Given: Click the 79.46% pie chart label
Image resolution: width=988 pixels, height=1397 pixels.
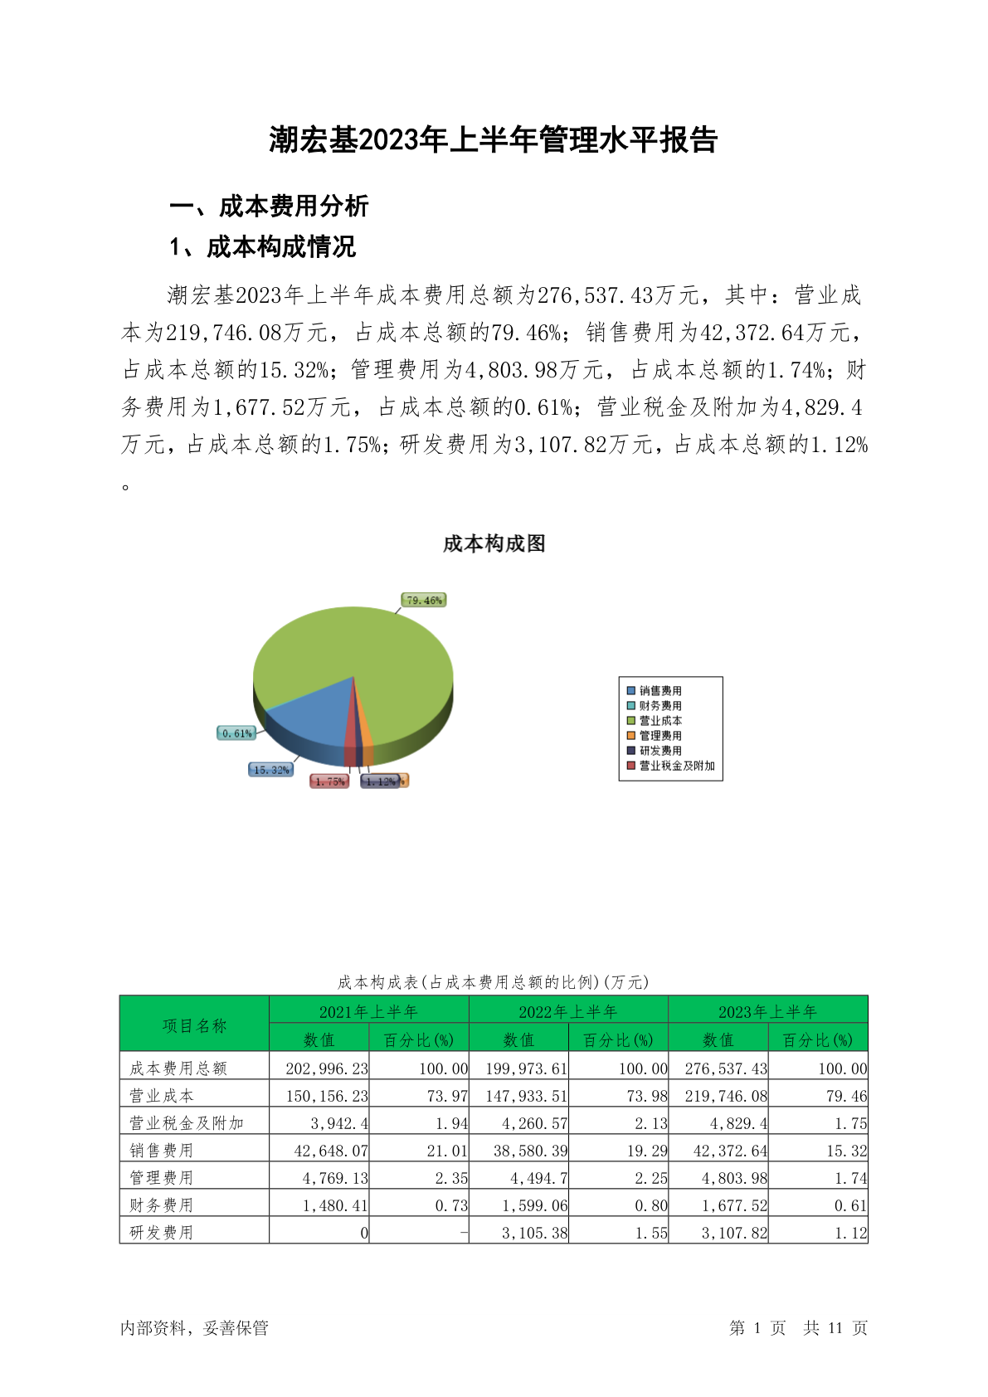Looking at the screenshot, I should (424, 600).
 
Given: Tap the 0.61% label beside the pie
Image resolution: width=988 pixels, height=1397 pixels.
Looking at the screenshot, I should (236, 733).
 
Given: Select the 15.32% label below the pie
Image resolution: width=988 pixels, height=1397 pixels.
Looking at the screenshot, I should (271, 770).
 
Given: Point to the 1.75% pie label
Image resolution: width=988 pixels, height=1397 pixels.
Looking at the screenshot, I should (329, 781).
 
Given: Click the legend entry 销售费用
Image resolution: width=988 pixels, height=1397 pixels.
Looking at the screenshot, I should (659, 691).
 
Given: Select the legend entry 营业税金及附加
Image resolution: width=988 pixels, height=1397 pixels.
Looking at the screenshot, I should (676, 766).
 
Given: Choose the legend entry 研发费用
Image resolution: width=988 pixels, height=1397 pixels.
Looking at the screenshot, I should (659, 751).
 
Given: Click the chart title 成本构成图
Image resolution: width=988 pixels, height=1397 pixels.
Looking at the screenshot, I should (494, 544).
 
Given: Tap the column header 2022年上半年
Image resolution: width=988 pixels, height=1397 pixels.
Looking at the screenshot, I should (568, 1012).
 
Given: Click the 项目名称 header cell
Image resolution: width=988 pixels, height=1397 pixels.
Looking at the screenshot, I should (194, 1026).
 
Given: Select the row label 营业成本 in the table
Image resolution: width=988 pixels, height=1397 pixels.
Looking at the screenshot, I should (162, 1096).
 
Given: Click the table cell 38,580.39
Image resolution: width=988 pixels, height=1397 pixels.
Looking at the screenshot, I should (527, 1151).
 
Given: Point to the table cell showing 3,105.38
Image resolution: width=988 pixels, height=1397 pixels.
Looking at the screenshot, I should (534, 1233).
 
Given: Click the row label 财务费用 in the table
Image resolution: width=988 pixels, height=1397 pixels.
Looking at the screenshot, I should (162, 1205).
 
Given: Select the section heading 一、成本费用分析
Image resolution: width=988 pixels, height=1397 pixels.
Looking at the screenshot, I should (269, 206).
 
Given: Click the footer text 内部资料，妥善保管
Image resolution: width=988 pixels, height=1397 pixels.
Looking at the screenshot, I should (195, 1328).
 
